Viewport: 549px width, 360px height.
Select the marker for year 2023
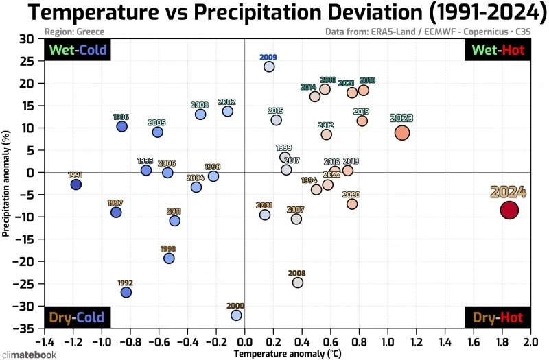click(402, 133)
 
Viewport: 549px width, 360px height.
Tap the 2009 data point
click(269, 67)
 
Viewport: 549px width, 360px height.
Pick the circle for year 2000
click(236, 315)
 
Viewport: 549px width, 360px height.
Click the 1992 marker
click(126, 292)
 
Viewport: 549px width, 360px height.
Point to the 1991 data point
click(75, 184)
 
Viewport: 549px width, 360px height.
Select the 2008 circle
click(297, 283)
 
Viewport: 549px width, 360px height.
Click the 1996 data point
click(121, 126)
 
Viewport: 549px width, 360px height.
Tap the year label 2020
click(351, 195)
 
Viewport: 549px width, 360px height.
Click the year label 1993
click(168, 249)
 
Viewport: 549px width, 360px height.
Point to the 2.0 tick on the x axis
click(530, 341)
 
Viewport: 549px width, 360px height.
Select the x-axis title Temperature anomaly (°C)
click(287, 353)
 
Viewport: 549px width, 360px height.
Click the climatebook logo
click(29, 354)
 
